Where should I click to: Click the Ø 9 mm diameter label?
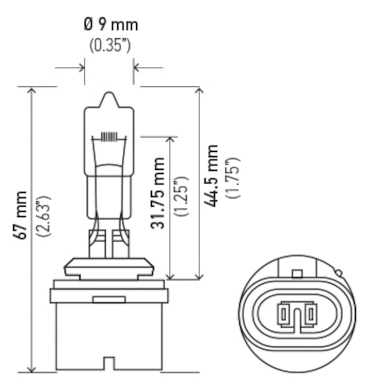coord(110,24)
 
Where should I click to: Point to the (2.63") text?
coord(44,215)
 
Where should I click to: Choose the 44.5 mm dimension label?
coord(211,176)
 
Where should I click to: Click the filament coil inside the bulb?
coord(109,136)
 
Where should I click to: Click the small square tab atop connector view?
coord(297,274)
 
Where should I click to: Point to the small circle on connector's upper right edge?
coord(339,274)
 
